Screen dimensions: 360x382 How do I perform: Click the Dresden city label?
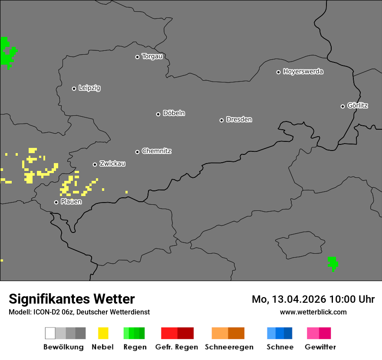pos(239,119)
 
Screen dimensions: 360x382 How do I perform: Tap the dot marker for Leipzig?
pos(74,88)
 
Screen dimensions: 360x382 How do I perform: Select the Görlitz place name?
pos(358,105)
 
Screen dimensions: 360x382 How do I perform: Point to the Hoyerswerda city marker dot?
pos(278,72)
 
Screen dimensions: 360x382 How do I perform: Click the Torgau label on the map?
pos(152,56)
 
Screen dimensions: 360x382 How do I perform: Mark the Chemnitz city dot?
pos(137,152)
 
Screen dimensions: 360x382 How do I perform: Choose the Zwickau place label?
pos(112,164)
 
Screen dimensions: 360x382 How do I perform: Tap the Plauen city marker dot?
pos(56,202)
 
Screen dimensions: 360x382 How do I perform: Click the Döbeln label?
pos(174,113)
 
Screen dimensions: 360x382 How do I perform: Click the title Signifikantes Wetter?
pos(72,299)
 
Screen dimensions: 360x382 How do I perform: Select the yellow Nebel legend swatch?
pos(103,333)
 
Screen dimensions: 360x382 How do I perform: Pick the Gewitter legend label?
pos(320,347)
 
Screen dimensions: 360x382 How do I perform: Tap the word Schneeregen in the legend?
pos(229,347)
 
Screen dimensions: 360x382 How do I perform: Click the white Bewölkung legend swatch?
pos(50,333)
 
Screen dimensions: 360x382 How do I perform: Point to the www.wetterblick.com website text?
pos(313,312)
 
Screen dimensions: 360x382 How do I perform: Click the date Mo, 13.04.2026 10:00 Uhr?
pos(313,299)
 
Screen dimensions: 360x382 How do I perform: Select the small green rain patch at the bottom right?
pos(333,263)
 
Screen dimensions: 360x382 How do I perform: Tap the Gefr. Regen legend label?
pos(177,347)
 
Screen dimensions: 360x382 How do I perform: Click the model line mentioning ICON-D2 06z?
pos(79,312)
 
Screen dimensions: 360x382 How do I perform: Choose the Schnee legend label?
pos(280,347)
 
